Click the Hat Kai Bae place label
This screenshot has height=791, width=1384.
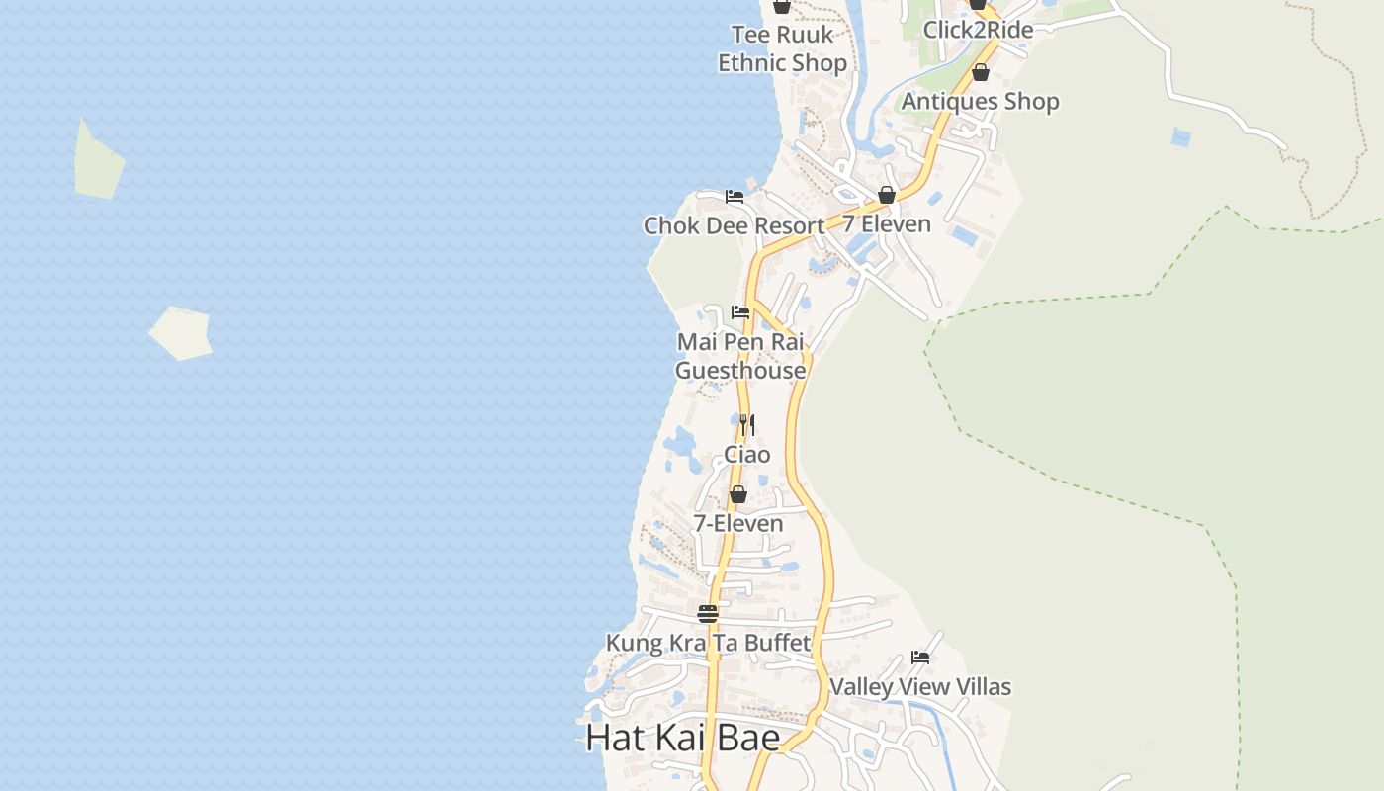click(682, 738)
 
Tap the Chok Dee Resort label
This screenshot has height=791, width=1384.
click(734, 226)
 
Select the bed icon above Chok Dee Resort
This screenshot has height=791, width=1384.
click(735, 197)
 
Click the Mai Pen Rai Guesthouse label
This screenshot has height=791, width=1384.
click(740, 356)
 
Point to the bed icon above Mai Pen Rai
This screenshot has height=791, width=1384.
click(740, 312)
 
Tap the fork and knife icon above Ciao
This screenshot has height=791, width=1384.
click(747, 425)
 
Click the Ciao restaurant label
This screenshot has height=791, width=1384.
click(747, 455)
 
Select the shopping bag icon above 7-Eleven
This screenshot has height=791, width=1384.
click(738, 494)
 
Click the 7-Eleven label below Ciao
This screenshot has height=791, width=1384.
click(738, 524)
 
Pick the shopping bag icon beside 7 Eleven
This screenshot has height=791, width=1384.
click(887, 195)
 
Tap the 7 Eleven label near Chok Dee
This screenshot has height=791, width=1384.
click(887, 224)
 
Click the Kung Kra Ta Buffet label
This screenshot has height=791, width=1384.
click(708, 643)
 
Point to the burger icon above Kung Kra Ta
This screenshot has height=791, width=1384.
click(708, 614)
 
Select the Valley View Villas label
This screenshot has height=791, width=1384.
click(920, 687)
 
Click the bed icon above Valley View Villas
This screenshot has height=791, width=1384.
click(920, 658)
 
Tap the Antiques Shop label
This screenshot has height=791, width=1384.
click(980, 102)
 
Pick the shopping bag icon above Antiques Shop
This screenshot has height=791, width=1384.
click(981, 72)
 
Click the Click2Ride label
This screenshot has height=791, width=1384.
click(978, 30)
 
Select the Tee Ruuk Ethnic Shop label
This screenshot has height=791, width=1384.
click(782, 49)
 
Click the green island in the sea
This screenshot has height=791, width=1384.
click(98, 161)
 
